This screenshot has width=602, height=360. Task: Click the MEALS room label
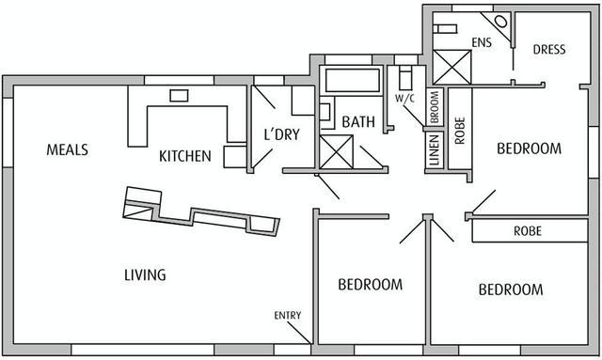67,149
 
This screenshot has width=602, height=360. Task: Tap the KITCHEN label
185,156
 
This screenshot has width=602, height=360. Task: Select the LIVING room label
145,274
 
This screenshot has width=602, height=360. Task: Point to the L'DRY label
282,134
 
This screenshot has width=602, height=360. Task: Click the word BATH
358,122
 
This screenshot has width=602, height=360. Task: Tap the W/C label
405,99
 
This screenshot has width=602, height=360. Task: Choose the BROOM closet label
435,107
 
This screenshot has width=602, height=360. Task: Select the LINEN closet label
434,149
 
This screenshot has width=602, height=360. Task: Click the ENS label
482,42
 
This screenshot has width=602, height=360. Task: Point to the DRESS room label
549,50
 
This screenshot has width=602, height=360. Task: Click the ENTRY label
288,316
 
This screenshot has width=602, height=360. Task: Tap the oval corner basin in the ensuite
500,21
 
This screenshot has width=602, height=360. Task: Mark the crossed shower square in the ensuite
451,67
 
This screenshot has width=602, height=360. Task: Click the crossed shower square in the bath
337,152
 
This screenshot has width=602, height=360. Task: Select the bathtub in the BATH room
353,80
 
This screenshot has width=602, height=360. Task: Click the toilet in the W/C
405,78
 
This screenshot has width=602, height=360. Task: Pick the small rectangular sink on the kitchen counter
179,96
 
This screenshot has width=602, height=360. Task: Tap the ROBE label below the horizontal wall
528,231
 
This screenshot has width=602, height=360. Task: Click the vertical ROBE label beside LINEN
460,131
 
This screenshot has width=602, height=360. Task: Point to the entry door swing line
299,333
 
